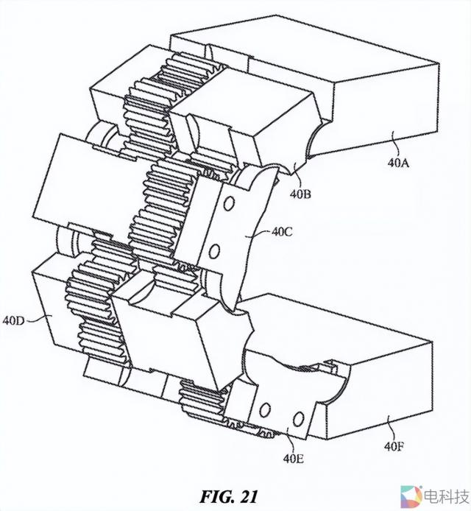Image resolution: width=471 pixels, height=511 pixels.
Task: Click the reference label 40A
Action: click(398, 162)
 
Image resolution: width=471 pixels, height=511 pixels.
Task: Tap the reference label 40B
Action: click(301, 194)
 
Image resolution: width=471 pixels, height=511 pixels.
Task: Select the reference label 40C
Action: click(282, 232)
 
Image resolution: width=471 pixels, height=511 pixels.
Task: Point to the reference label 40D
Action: click(14, 321)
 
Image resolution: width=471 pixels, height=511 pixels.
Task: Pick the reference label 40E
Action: click(294, 459)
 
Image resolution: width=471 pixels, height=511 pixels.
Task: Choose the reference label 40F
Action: click(394, 446)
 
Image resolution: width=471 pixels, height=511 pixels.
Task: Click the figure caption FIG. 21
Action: click(229, 497)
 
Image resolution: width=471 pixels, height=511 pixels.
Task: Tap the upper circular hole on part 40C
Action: click(229, 203)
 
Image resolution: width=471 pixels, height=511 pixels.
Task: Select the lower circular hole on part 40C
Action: click(214, 252)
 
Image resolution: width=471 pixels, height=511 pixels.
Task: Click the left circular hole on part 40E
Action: click(265, 409)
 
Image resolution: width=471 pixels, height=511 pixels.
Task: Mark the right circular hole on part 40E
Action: click(298, 419)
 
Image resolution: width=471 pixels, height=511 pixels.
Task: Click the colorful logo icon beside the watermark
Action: click(411, 497)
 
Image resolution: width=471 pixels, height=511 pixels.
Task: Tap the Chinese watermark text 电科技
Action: click(445, 498)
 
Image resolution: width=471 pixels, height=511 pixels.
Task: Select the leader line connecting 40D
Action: click(38, 319)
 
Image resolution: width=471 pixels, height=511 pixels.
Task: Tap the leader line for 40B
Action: click(297, 176)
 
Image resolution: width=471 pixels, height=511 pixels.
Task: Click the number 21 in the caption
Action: click(249, 497)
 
